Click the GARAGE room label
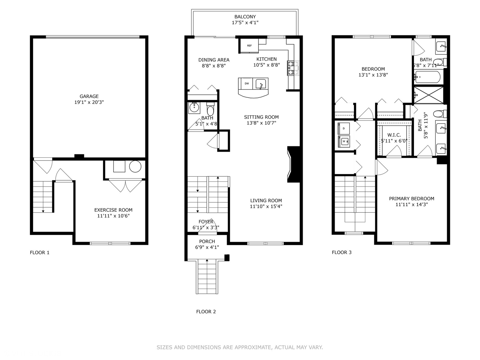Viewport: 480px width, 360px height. pyautogui.click(x=89, y=96)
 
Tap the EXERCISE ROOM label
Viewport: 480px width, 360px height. pyautogui.click(x=113, y=210)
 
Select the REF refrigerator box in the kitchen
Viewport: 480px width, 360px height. pyautogui.click(x=249, y=46)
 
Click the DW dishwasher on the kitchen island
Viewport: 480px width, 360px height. pyautogui.click(x=247, y=83)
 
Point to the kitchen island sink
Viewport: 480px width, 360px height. pyautogui.click(x=261, y=84)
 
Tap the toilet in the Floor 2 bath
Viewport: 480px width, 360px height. pyautogui.click(x=210, y=109)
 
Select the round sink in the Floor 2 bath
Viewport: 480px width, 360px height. pyautogui.click(x=194, y=107)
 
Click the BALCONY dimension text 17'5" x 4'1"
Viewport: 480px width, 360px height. pyautogui.click(x=245, y=23)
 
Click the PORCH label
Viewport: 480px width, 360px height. pyautogui.click(x=207, y=241)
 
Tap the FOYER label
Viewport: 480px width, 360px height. pyautogui.click(x=206, y=222)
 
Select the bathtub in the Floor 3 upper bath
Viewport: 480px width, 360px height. pyautogui.click(x=428, y=77)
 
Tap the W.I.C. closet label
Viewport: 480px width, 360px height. pyautogui.click(x=394, y=135)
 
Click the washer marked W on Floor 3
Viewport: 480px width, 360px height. pyautogui.click(x=344, y=141)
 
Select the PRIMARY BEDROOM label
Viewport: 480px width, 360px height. pyautogui.click(x=411, y=199)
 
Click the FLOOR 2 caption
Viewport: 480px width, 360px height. pyautogui.click(x=206, y=312)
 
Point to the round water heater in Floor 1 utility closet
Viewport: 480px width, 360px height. pyautogui.click(x=135, y=166)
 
